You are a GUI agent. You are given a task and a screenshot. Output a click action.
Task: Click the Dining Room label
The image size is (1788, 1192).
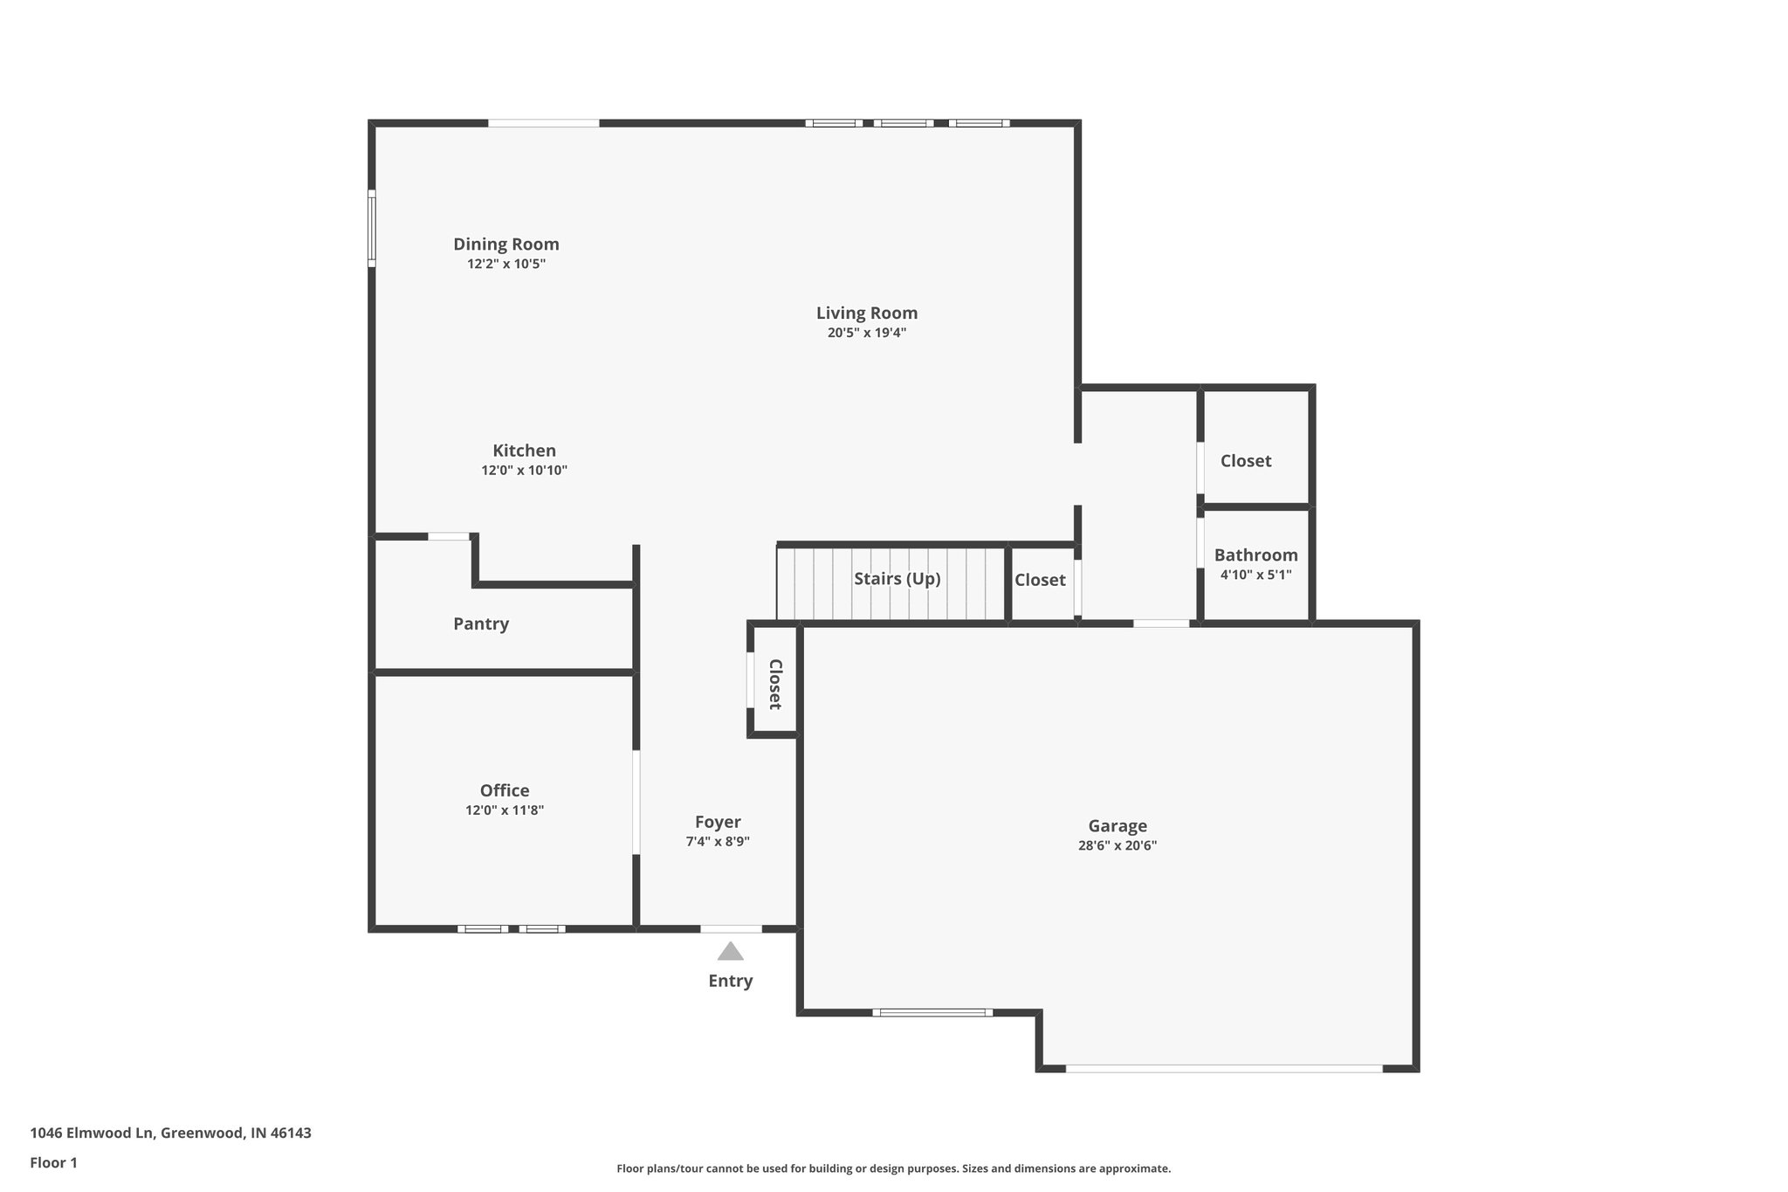tap(505, 245)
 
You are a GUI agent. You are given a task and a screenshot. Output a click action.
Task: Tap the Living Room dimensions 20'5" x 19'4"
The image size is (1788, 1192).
tap(866, 333)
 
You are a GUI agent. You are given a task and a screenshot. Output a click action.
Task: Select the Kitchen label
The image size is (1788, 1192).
tap(524, 451)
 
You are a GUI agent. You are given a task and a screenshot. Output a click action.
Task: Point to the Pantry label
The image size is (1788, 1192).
tap(480, 624)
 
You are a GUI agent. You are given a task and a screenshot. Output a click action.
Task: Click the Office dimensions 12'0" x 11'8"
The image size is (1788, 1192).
tap(504, 810)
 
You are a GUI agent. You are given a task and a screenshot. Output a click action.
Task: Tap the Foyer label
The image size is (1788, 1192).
tap(718, 822)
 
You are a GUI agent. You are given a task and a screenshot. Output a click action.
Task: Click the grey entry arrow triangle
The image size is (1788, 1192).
tap(730, 952)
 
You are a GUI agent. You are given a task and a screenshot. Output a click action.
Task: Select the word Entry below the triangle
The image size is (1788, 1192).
tap(730, 981)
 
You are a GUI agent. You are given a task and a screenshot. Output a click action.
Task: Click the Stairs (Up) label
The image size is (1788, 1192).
tap(897, 579)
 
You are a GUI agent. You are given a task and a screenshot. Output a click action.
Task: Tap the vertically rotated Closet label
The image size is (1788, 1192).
tap(774, 684)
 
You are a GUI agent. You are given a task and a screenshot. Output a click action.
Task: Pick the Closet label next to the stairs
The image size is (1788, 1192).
tap(1039, 580)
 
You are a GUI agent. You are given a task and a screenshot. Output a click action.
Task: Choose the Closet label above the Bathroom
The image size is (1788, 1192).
tap(1245, 461)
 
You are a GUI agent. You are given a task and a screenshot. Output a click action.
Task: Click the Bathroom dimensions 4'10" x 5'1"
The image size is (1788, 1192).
tap(1255, 575)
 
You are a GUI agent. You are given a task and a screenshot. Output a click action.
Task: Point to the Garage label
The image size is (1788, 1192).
tap(1117, 825)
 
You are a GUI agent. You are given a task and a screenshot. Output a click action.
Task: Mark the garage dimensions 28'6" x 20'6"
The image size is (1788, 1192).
tap(1117, 845)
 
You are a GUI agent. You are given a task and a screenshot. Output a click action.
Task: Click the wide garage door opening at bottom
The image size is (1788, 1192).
tap(1223, 1068)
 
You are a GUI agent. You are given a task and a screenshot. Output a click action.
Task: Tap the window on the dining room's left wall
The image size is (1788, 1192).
tap(371, 228)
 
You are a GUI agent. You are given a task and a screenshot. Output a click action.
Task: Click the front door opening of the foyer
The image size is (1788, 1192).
tap(731, 928)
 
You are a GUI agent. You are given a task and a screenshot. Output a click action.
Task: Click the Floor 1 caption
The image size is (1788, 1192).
tap(53, 1162)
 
